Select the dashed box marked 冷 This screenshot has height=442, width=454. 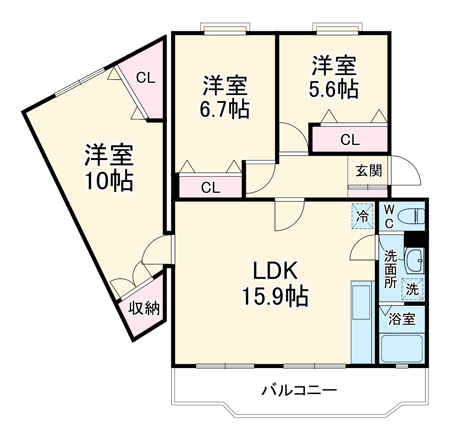coord(362,216)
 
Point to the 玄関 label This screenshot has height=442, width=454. coord(369,171)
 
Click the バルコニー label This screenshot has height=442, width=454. coord(299,391)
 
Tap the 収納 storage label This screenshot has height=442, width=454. coord(145,309)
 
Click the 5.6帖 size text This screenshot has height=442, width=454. coord(334,90)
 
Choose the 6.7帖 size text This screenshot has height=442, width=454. coord(224,109)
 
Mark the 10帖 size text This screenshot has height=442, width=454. coord(108,182)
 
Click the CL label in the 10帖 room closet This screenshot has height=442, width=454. coord(145,78)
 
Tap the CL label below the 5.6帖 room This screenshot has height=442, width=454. coord(350,140)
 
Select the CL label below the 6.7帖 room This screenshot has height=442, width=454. coord(211,188)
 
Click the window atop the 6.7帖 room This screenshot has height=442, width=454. coord(225,29)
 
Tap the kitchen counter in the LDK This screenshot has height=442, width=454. coord(361,321)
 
